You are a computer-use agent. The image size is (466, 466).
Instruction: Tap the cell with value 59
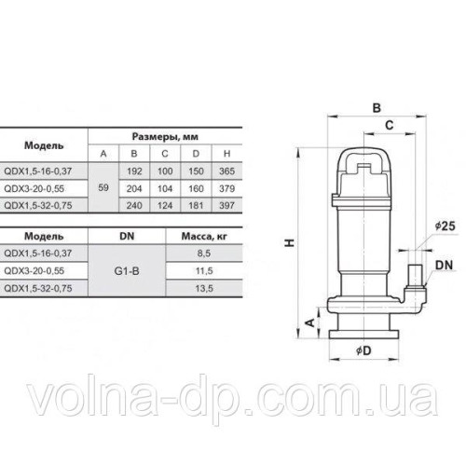pyautogui.click(x=103, y=186)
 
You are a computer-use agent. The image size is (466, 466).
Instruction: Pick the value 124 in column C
pyautogui.click(x=164, y=203)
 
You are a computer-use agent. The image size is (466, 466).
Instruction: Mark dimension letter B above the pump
pyautogui.click(x=376, y=108)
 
